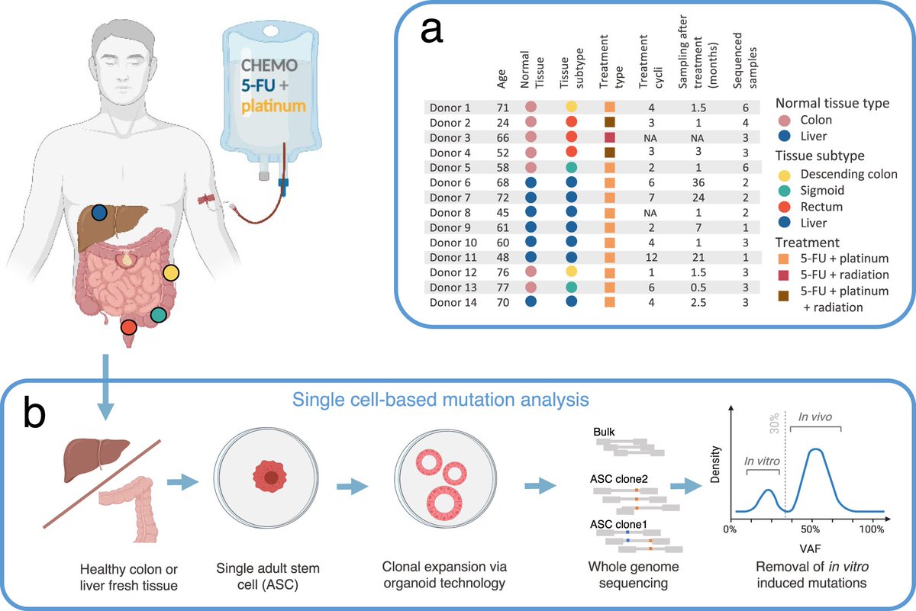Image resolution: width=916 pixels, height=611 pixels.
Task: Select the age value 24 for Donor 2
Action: tap(502, 122)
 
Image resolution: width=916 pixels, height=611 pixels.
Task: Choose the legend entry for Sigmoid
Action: tap(815, 190)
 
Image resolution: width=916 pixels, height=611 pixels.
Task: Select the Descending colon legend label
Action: tap(847, 174)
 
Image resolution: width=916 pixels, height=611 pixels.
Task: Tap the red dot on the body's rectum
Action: tap(128, 327)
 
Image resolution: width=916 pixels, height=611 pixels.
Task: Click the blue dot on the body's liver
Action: tap(98, 213)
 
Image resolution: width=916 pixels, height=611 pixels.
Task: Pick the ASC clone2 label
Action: tap(620, 478)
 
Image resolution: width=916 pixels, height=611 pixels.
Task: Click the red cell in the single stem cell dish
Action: tap(270, 477)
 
